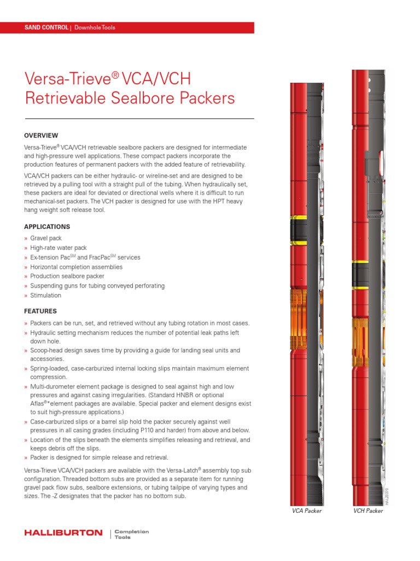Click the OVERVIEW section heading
click(x=41, y=135)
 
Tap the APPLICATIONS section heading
click(x=47, y=227)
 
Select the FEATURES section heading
click(x=40, y=311)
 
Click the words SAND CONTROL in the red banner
click(x=46, y=27)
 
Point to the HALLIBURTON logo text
click(x=63, y=533)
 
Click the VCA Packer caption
click(x=306, y=511)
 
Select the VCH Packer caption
click(x=367, y=511)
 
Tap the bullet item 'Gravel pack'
click(x=46, y=238)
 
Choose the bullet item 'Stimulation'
click(x=45, y=295)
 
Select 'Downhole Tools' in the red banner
click(x=95, y=27)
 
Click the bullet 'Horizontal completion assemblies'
click(x=76, y=267)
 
